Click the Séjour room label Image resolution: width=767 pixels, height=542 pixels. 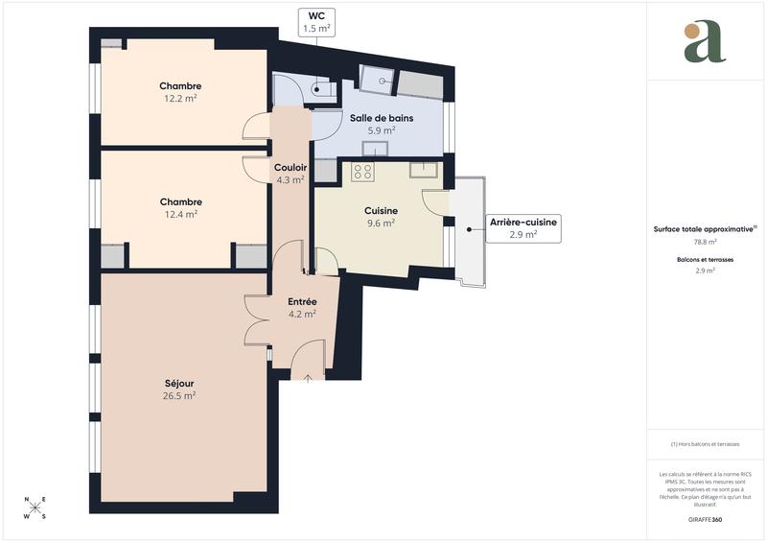pyautogui.click(x=179, y=383)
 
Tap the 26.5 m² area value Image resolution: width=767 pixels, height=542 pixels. pyautogui.click(x=179, y=395)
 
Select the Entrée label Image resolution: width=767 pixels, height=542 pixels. pyautogui.click(x=302, y=301)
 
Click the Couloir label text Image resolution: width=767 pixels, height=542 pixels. pyautogui.click(x=290, y=167)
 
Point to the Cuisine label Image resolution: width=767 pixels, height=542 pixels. pyautogui.click(x=381, y=210)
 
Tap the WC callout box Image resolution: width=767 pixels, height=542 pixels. pyautogui.click(x=316, y=22)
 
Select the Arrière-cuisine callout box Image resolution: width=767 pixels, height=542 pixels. pyautogui.click(x=523, y=227)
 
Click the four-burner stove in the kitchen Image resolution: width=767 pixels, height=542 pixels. pyautogui.click(x=362, y=172)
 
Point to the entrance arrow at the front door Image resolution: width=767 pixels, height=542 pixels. pyautogui.click(x=308, y=379)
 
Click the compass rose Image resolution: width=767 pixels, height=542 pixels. pyautogui.click(x=35, y=507)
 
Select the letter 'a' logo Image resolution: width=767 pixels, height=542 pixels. pyautogui.click(x=705, y=42)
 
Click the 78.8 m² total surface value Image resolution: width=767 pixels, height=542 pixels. pyautogui.click(x=706, y=243)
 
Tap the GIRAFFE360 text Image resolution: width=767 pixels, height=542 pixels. pyautogui.click(x=706, y=517)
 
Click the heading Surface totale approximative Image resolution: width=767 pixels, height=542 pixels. pyautogui.click(x=704, y=229)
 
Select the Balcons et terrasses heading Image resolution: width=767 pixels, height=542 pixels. pyautogui.click(x=706, y=260)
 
